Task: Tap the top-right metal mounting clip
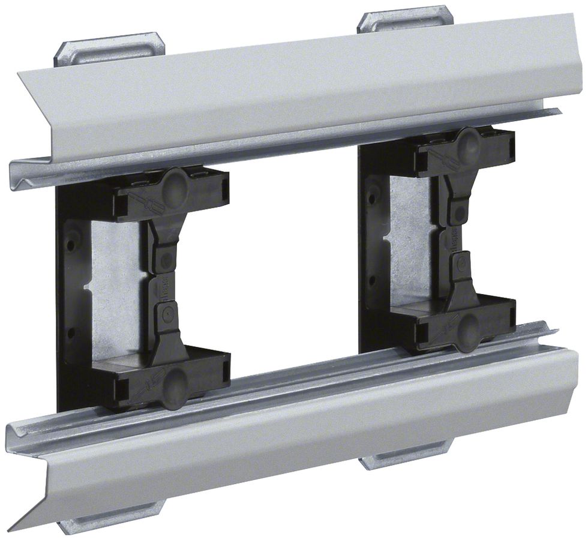pyautogui.click(x=404, y=19)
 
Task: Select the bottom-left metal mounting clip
pyautogui.click(x=112, y=517)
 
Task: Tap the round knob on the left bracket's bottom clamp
pyautogui.click(x=175, y=380)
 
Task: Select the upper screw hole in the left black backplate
pyautogui.click(x=71, y=245)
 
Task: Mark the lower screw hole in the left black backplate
pyautogui.click(x=71, y=333)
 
